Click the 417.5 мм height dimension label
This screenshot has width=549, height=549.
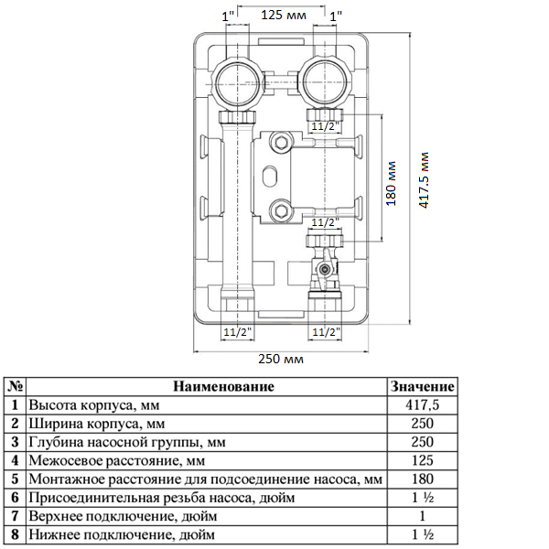tap(423, 180)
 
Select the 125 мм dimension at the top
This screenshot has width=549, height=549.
tap(283, 15)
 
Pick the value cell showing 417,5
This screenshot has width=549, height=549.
tap(422, 404)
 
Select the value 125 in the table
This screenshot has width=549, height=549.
tap(422, 460)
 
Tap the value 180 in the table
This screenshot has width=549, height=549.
tap(422, 479)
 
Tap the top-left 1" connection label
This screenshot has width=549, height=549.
tap(229, 15)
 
